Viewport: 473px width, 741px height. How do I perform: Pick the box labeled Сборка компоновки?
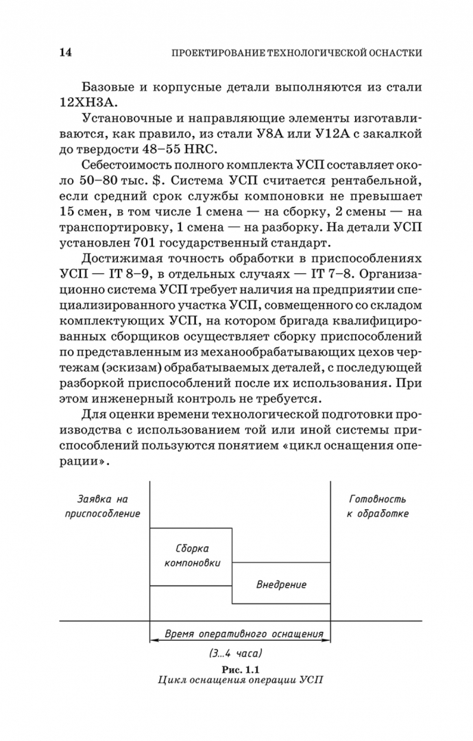191,556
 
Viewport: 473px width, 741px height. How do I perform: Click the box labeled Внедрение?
281,585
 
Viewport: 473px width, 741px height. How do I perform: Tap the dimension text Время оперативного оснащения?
239,633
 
